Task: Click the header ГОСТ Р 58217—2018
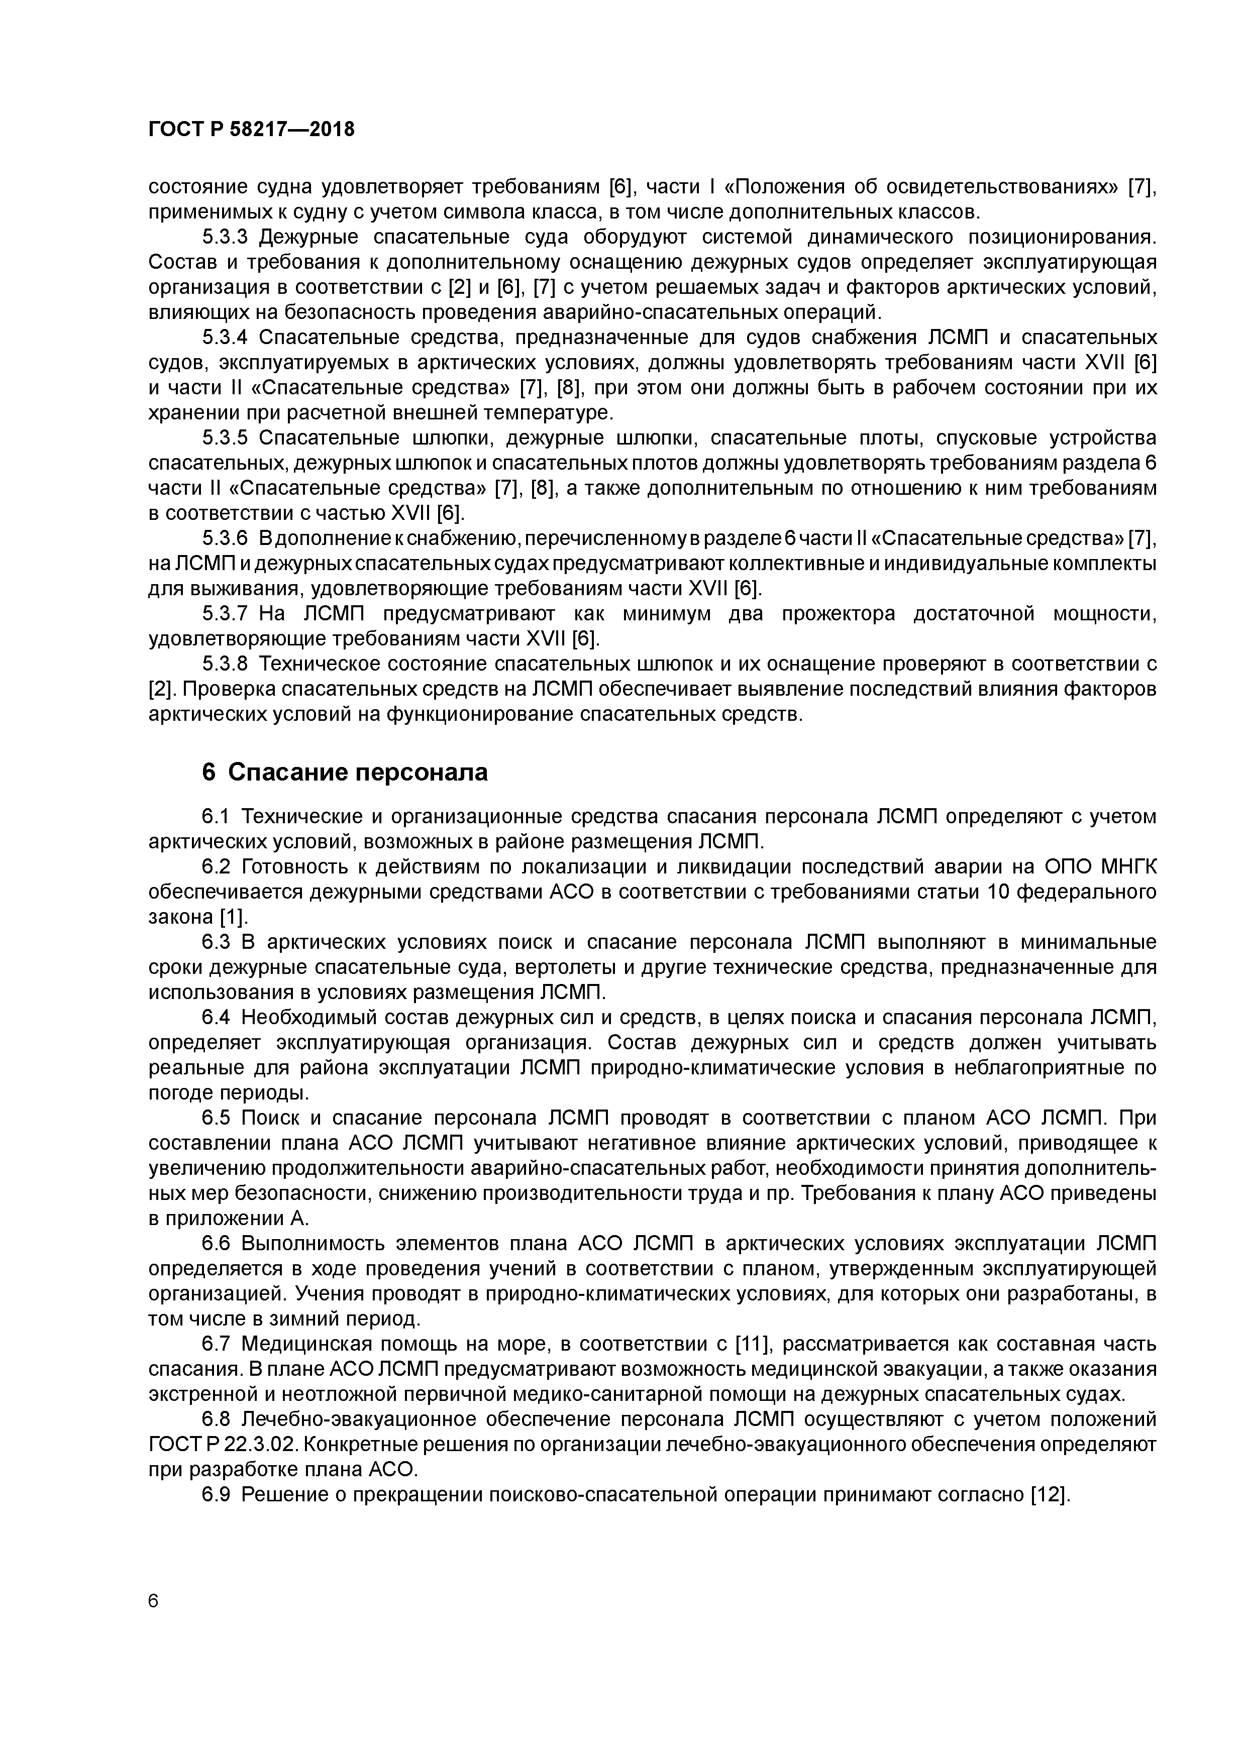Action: [x=251, y=130]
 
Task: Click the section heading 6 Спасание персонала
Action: [x=345, y=772]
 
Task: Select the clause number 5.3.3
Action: [x=227, y=237]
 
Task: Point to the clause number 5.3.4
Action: [x=227, y=338]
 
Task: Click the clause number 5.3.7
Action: [x=227, y=614]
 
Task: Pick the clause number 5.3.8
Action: [x=227, y=664]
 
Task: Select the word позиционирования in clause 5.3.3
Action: [x=1061, y=237]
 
